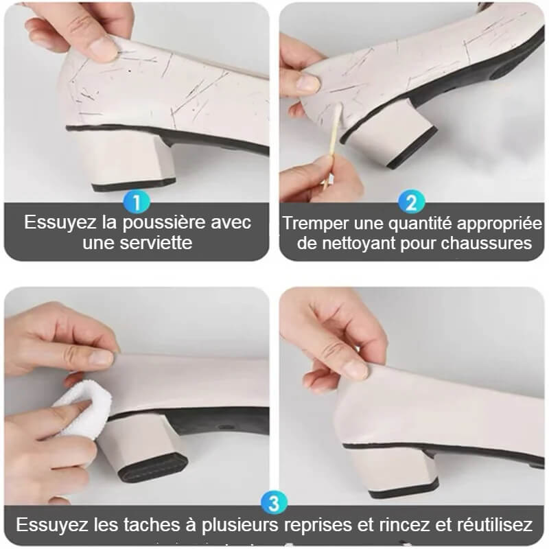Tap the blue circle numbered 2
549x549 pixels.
[x=412, y=202]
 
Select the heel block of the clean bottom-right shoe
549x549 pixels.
[x=391, y=470]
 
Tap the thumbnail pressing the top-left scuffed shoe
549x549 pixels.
[x=104, y=48]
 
